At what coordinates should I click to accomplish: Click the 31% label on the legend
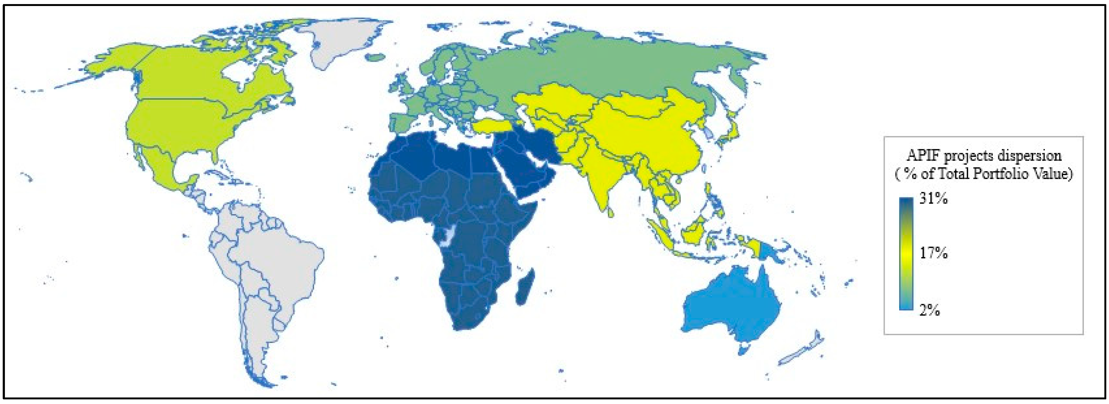[933, 199]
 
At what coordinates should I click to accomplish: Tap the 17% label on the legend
[933, 253]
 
